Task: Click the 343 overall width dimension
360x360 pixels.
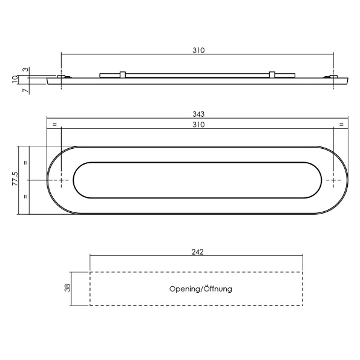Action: point(198,114)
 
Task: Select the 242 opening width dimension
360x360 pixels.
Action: point(197,252)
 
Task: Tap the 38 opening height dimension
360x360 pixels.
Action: point(68,288)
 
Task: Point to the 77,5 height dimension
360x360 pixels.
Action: point(15,178)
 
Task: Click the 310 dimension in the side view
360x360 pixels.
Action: point(198,50)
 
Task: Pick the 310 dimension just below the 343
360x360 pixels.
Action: point(198,125)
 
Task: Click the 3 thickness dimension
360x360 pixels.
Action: point(26,70)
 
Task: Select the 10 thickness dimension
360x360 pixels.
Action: point(15,79)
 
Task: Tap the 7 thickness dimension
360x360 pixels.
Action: point(26,90)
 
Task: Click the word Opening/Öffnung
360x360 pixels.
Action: point(201,289)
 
